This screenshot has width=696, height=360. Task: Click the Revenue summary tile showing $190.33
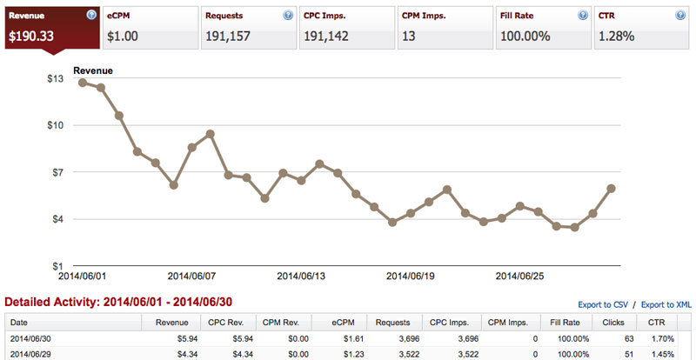coord(52,28)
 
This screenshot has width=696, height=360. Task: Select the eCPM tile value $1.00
coord(123,36)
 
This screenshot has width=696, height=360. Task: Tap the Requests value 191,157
coord(228,36)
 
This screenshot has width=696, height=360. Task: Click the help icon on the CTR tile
coord(680,16)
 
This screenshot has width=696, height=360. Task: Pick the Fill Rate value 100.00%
coord(525,36)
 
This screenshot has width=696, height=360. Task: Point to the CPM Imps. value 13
coord(408,36)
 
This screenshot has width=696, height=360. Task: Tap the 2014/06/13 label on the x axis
coord(301,277)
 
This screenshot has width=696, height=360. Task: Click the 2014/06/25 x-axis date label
coord(519,277)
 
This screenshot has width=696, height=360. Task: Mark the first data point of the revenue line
coord(82,83)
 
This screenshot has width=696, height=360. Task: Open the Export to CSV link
coord(603,305)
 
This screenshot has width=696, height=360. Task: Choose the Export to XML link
coord(666,305)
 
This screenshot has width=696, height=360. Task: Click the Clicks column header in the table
coord(614,323)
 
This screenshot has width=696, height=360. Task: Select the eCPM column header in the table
coord(354,323)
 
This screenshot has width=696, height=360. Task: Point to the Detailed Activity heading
coord(118,303)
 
